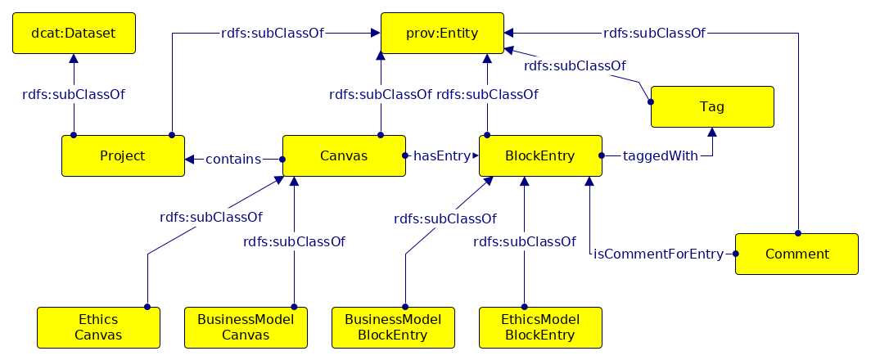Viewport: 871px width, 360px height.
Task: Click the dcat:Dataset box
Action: pos(74,34)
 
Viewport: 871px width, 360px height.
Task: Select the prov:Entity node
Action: pos(442,34)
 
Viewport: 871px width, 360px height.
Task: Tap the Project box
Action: pos(123,156)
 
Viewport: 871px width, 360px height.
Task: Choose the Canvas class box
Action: pos(344,156)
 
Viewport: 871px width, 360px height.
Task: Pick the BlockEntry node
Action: pos(540,156)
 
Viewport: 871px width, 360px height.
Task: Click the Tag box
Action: pos(712,106)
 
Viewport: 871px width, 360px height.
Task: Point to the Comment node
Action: pos(797,254)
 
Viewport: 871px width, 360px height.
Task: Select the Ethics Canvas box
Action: pos(98,328)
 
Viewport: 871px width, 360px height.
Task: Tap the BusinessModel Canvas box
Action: pos(246,328)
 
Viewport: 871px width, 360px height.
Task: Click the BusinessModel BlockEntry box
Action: pos(393,328)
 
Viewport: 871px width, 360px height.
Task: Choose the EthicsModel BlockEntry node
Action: pos(540,328)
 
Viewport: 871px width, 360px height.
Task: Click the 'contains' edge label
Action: pos(233,160)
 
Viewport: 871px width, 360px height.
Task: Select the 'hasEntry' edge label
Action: pos(442,156)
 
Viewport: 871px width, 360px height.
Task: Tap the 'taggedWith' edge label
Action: pos(660,156)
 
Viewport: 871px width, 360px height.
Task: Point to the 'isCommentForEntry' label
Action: pos(659,254)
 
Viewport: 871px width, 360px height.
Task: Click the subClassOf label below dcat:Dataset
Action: pos(74,94)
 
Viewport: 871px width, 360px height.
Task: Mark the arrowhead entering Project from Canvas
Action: pos(189,160)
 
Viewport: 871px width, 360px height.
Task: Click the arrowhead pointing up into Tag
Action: pos(712,133)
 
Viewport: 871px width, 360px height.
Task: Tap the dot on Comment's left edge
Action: pos(735,254)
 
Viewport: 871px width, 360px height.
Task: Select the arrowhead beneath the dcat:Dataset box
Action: pos(74,59)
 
